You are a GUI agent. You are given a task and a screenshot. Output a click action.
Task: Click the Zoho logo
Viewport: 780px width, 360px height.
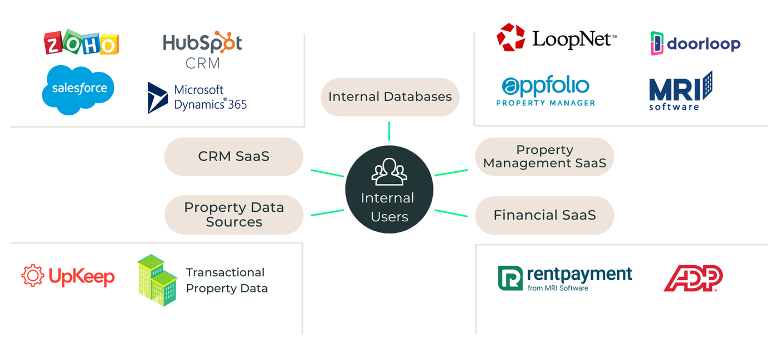(81, 43)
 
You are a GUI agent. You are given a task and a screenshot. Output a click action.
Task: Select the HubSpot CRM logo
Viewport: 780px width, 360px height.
(202, 51)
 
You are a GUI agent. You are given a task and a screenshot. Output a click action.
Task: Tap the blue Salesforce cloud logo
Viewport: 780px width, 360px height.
(79, 90)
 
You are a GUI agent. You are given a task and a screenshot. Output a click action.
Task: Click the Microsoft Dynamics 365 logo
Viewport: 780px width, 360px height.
(197, 98)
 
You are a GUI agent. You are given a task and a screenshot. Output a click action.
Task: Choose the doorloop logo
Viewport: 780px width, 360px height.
(695, 43)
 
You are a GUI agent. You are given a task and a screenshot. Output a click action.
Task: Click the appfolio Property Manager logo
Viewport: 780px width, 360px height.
(545, 91)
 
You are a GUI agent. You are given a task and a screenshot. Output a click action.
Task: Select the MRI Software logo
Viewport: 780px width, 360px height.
(680, 91)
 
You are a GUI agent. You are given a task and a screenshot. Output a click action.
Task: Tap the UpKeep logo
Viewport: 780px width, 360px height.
(68, 276)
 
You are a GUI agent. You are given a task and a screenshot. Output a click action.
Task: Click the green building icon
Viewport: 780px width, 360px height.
(157, 280)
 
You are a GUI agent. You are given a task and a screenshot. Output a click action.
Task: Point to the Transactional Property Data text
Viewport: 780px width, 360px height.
(227, 280)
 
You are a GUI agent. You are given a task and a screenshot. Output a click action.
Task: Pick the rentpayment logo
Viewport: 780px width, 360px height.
(564, 278)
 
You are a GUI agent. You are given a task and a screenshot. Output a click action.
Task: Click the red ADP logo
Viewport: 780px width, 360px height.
(693, 278)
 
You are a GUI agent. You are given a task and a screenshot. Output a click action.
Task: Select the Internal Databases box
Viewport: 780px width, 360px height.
(390, 97)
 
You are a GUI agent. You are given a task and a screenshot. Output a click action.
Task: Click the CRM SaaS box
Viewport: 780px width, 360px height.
(233, 157)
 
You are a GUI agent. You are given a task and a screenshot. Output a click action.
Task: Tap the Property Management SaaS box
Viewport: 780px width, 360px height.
(544, 157)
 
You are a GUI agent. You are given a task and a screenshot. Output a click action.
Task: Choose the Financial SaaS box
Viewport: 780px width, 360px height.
(544, 215)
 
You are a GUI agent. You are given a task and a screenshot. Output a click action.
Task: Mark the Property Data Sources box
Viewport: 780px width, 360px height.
(233, 215)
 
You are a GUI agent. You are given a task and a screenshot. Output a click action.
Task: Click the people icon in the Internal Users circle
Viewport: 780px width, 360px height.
(389, 172)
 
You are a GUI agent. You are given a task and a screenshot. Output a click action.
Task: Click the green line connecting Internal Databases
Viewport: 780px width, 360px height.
(389, 130)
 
